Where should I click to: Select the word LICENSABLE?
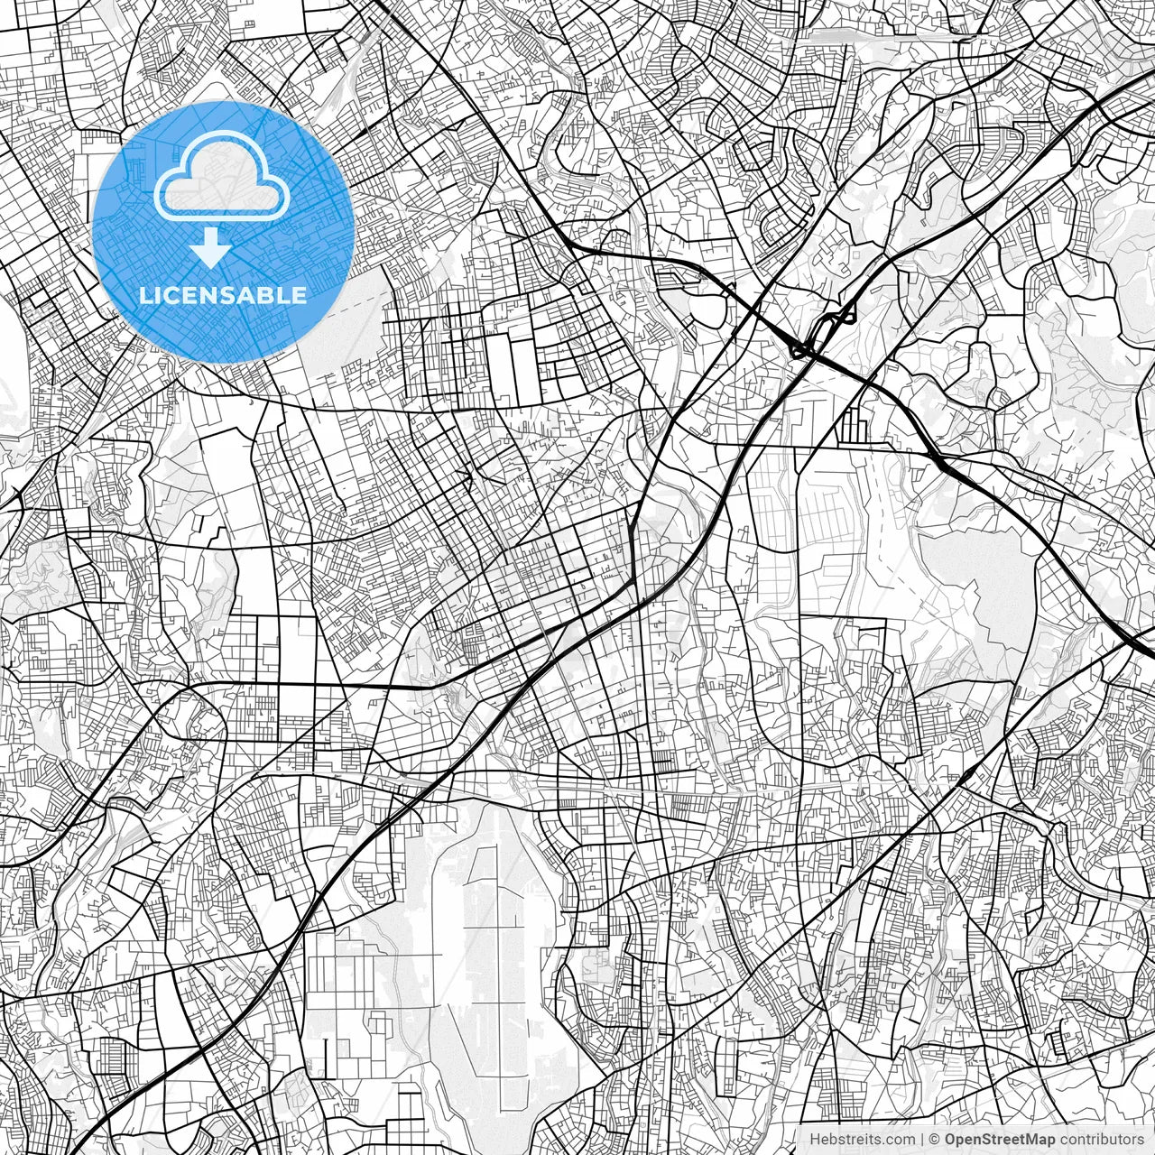(222, 295)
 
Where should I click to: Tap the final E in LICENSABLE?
(300, 295)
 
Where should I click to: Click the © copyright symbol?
(936, 1140)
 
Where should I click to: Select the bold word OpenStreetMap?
(999, 1140)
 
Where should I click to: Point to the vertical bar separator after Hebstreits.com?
(922, 1140)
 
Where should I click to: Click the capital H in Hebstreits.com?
(815, 1140)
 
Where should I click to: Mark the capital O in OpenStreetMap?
(951, 1140)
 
